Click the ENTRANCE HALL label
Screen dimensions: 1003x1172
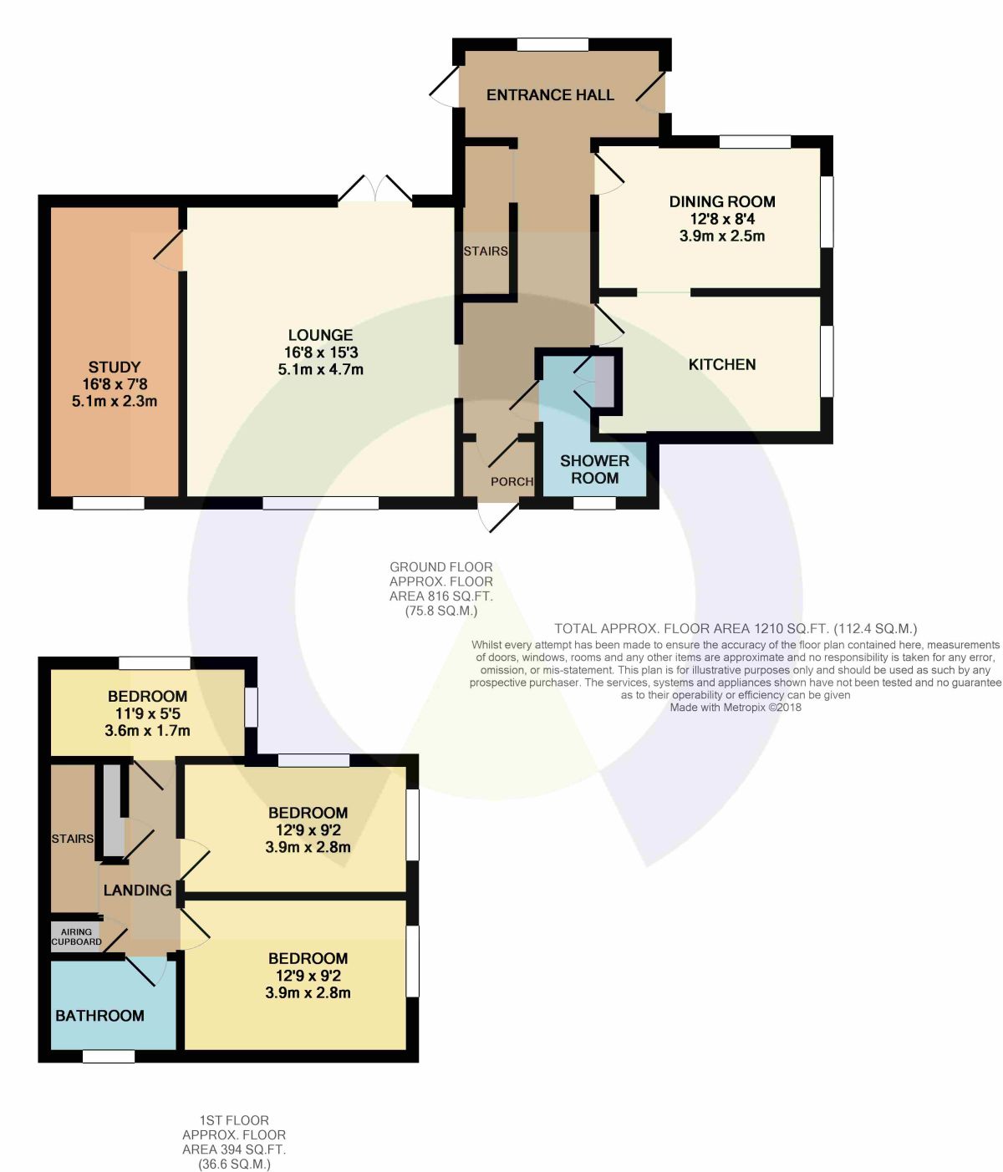550,94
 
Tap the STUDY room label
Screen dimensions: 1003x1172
114,367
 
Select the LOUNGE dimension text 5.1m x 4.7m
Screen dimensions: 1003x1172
320,370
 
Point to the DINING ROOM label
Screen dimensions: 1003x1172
721,201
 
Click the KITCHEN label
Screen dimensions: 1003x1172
721,364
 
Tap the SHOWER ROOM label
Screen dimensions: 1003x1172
594,469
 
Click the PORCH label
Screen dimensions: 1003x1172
512,481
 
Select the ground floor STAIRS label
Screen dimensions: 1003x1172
486,251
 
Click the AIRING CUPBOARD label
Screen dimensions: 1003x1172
76,936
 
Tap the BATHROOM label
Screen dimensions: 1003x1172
99,1016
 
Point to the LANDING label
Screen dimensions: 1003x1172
137,890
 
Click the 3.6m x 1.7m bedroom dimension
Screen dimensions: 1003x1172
147,730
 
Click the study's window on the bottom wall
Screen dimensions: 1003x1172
109,503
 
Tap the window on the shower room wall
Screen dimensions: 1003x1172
594,503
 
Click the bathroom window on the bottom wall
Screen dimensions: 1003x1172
109,1057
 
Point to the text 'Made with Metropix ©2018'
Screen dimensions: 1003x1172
736,708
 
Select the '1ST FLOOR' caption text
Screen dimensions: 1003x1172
234,1120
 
